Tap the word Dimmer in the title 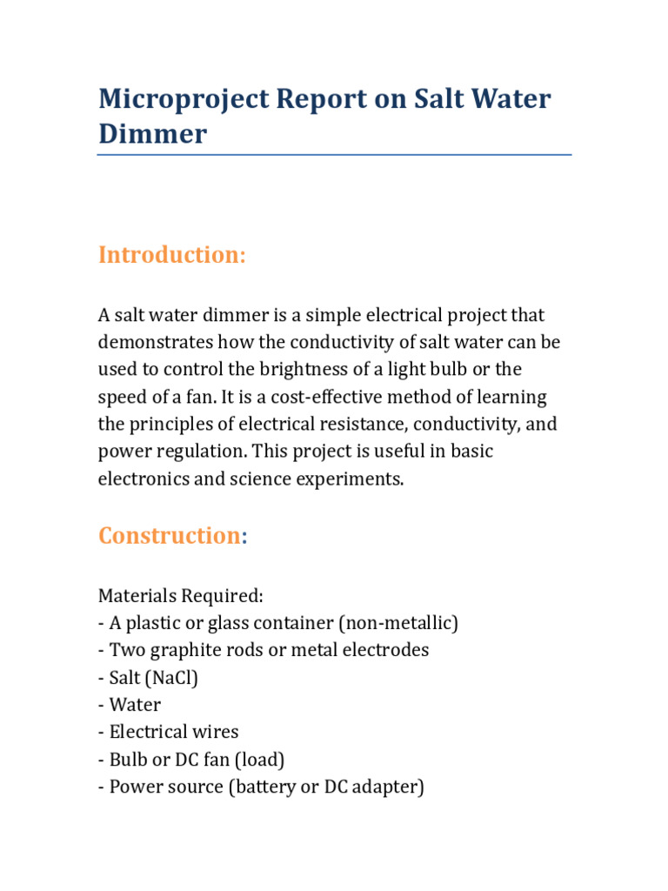[x=152, y=134]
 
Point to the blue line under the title [x=334, y=155]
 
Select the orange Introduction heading [x=172, y=255]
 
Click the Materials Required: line [x=180, y=596]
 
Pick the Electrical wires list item [x=173, y=732]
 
